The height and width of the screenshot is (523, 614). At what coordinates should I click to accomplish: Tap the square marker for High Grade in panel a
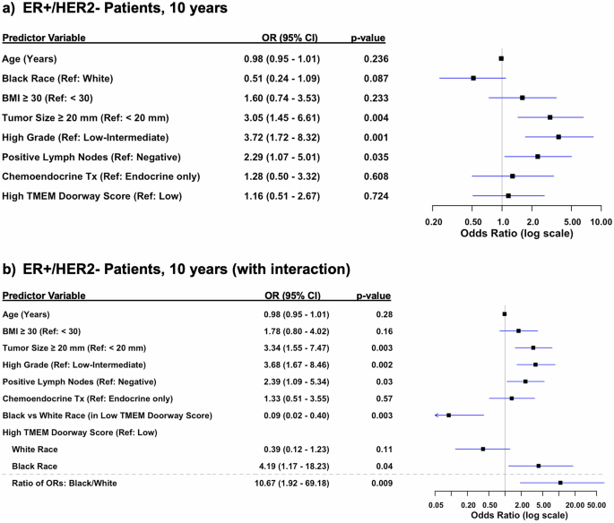[x=558, y=137]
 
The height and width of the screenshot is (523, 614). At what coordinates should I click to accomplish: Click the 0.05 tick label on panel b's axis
[x=437, y=506]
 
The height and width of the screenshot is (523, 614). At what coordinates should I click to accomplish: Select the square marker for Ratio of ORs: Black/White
[x=560, y=483]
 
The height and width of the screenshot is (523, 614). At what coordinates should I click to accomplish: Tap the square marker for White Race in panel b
[x=482, y=449]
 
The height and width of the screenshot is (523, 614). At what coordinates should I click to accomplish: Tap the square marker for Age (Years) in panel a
[x=501, y=58]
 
